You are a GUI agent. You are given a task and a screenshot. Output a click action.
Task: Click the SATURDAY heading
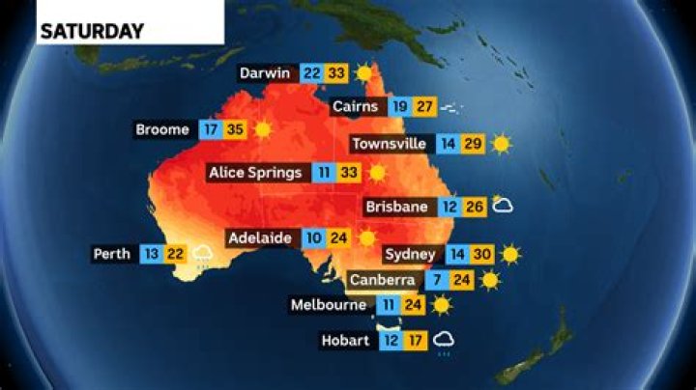click(92, 31)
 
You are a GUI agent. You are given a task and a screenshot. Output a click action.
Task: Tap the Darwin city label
click(268, 72)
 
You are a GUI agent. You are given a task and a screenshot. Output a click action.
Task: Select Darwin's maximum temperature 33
click(335, 72)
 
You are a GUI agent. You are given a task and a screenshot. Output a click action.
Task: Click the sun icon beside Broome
click(262, 129)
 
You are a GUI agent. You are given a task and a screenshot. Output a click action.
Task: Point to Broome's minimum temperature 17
click(209, 129)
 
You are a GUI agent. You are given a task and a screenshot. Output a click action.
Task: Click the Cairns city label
click(357, 106)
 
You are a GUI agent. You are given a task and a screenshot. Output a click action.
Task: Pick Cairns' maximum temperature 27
click(425, 106)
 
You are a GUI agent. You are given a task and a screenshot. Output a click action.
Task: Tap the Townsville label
click(390, 144)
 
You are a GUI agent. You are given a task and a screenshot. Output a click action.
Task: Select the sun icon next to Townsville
click(501, 144)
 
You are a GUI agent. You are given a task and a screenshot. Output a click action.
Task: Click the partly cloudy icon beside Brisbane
click(501, 205)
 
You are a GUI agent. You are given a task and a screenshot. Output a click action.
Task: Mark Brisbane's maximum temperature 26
click(473, 207)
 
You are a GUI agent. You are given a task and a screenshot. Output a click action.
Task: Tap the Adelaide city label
click(260, 237)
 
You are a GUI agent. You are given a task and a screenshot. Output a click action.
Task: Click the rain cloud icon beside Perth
click(203, 255)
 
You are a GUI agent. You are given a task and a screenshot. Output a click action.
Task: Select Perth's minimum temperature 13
click(150, 254)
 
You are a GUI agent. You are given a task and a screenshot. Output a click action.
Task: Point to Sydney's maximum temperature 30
click(483, 255)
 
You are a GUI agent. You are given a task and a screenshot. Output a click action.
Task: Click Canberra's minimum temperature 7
click(431, 281)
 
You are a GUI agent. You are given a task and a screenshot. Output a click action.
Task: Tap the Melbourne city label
click(330, 306)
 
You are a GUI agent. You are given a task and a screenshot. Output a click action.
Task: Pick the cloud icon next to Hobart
click(446, 340)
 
